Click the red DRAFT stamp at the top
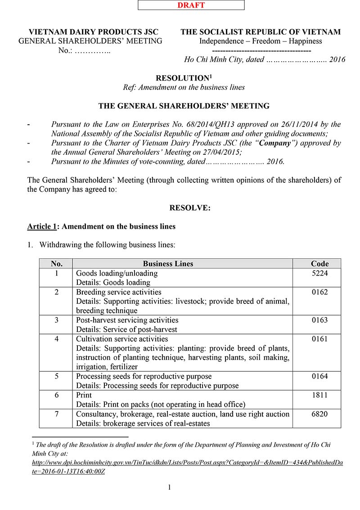(x=191, y=5)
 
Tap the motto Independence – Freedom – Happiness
(x=261, y=41)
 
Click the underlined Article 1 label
(x=41, y=226)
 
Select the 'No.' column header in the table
(x=56, y=264)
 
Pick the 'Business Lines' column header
(x=168, y=264)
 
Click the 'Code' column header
(x=319, y=264)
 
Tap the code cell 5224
(x=319, y=273)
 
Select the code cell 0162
(x=319, y=292)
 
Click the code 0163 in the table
(x=319, y=320)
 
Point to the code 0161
(x=319, y=339)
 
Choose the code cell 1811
(x=319, y=395)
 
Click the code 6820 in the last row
(x=319, y=414)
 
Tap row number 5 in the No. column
(x=56, y=376)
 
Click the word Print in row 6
(x=84, y=395)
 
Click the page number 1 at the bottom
(x=170, y=487)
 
